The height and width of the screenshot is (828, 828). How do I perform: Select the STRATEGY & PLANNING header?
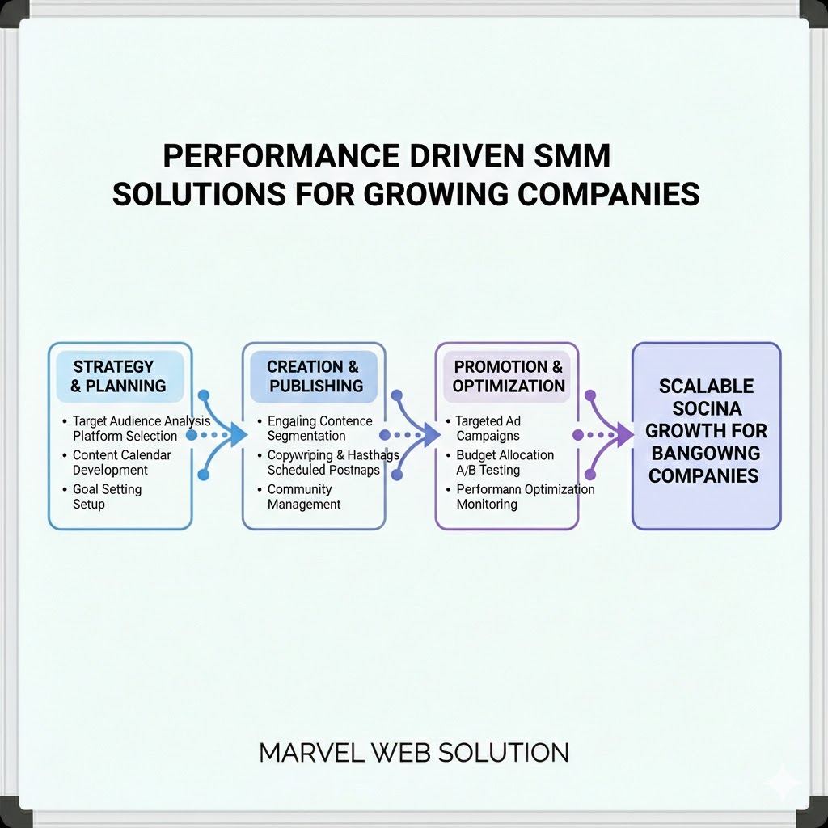coord(119,376)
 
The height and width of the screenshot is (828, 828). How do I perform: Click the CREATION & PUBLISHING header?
coord(314,376)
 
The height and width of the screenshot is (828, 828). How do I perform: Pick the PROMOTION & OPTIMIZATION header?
coord(508,376)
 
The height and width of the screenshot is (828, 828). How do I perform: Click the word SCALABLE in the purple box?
coord(706,386)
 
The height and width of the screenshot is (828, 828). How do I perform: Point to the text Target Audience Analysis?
coord(141,420)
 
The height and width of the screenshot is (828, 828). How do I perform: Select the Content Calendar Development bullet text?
coord(116,463)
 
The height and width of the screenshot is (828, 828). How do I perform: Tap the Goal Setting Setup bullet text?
coord(106,496)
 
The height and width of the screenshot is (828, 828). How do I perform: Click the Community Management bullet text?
coord(303,496)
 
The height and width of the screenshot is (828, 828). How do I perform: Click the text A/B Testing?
coord(488,470)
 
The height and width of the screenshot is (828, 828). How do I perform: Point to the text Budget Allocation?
coord(505,455)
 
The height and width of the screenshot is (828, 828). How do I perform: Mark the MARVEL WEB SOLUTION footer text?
coord(414,753)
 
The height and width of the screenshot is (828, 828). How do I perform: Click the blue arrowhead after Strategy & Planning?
coord(236,435)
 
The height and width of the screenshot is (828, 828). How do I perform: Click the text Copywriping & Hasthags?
coord(333,455)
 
